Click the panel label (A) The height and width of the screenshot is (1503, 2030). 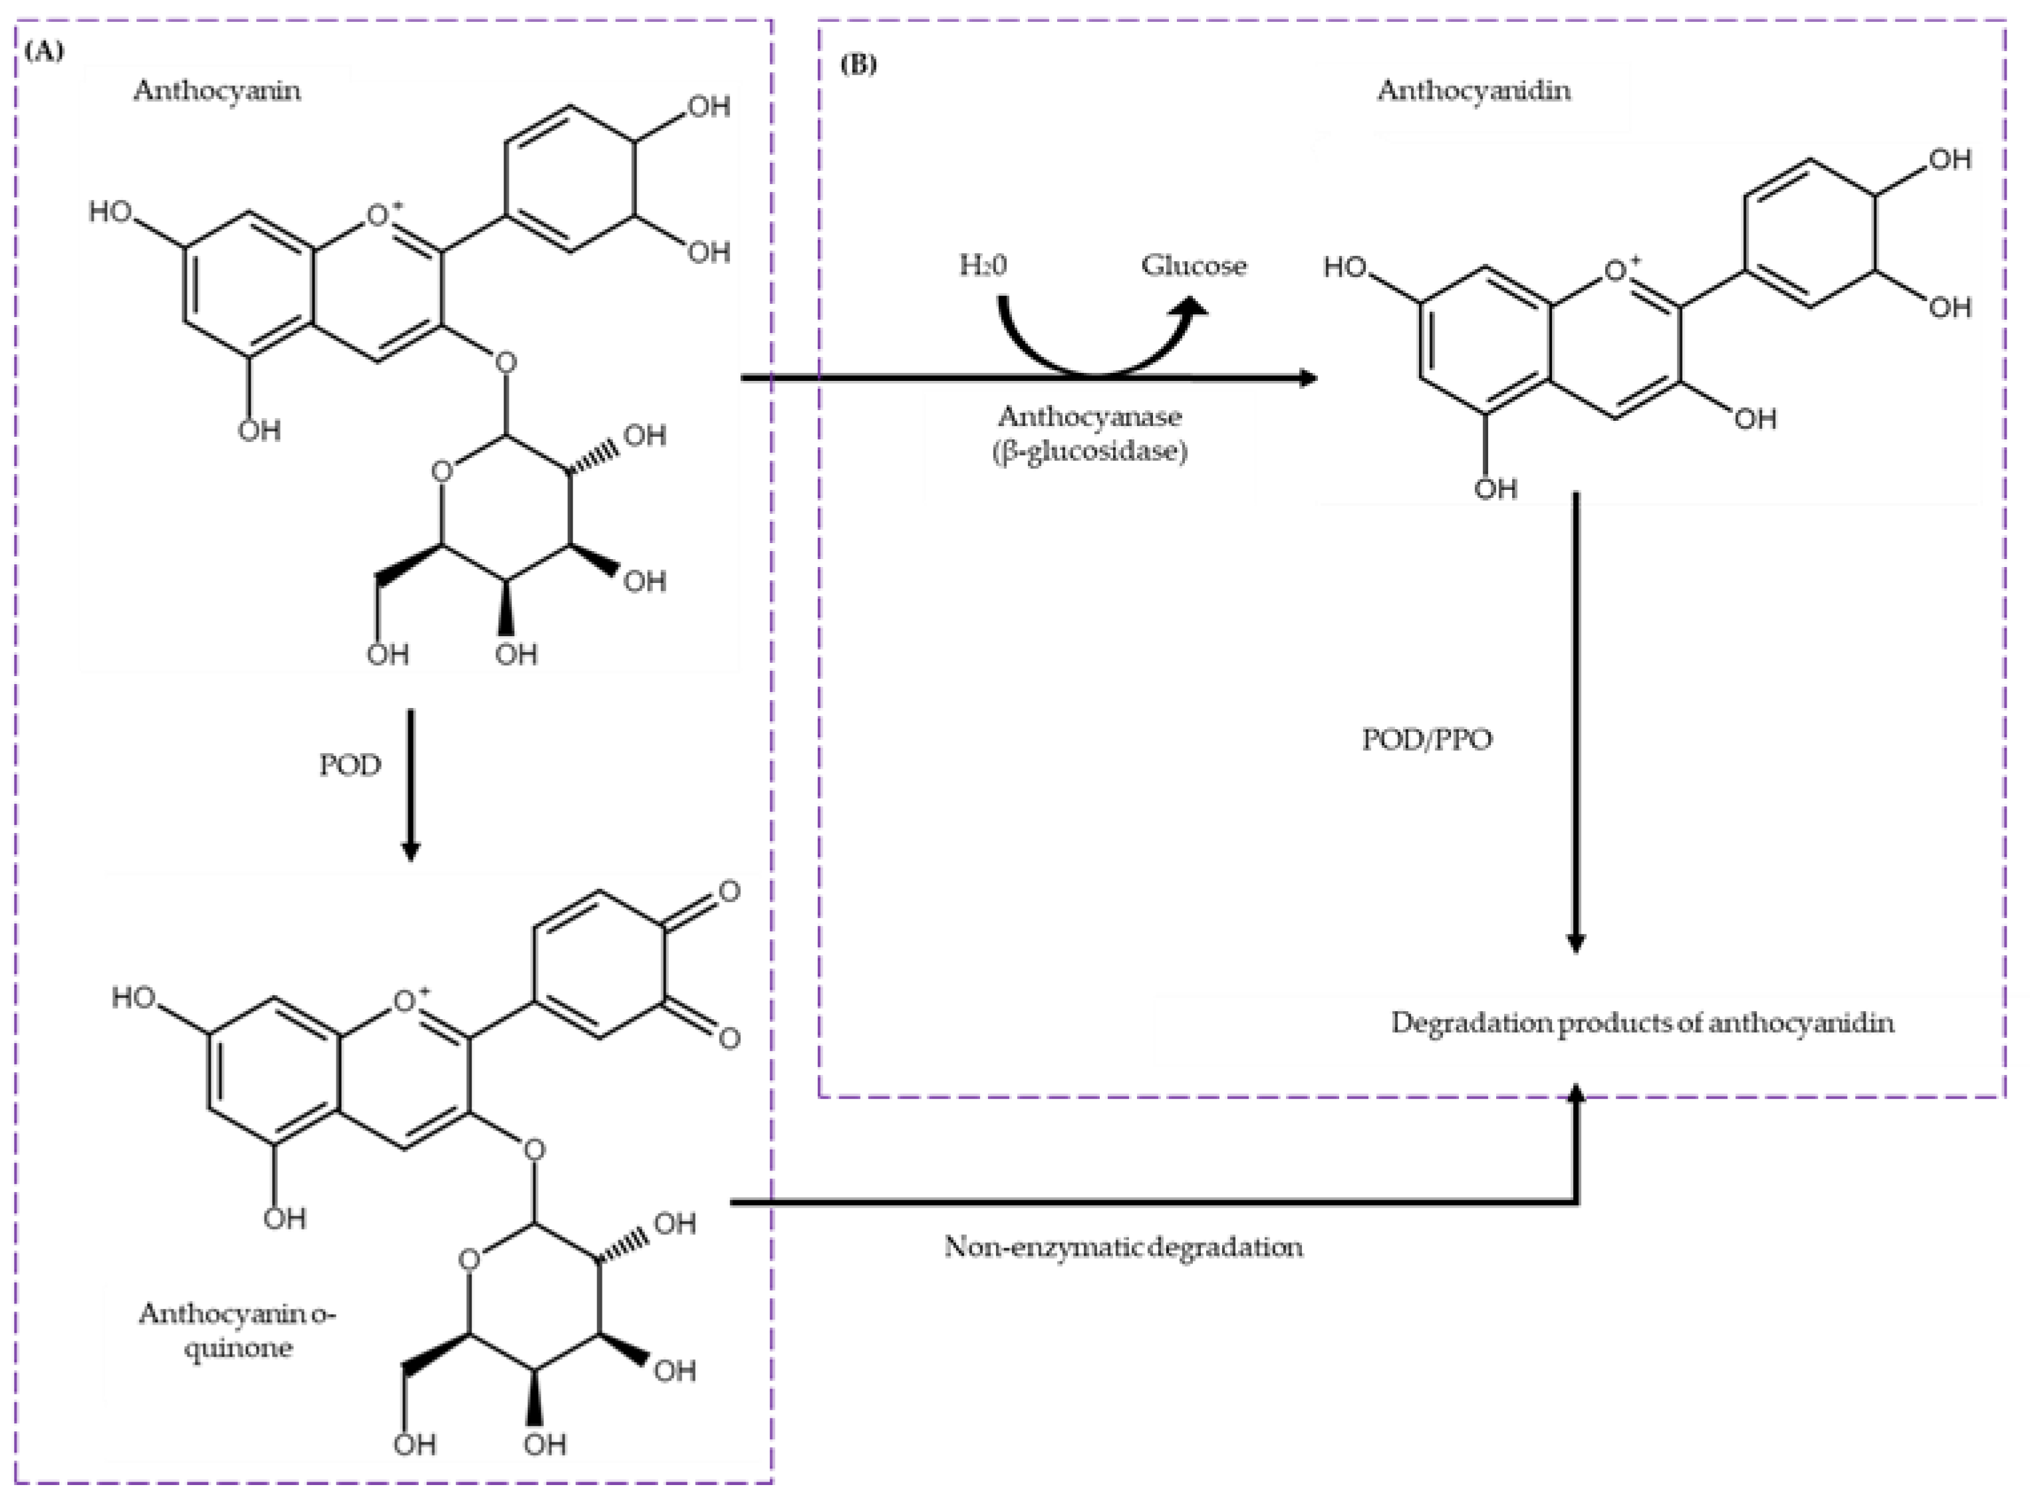tap(45, 52)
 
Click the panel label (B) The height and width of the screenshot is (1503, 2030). tap(857, 64)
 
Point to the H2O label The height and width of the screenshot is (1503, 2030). tap(983, 266)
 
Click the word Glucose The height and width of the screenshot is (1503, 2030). tap(1194, 266)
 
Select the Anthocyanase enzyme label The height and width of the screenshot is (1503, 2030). tap(1089, 417)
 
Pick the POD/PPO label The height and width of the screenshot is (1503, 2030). tap(1427, 740)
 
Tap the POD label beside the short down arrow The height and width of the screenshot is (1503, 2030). tap(349, 765)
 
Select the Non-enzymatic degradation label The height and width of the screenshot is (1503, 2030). tap(1123, 1246)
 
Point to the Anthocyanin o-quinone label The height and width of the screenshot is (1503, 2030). tap(237, 1330)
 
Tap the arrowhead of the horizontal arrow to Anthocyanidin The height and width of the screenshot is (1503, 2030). tap(1307, 378)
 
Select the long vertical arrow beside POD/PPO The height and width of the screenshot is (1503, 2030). tap(1576, 728)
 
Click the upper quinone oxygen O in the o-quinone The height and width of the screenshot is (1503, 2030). tap(729, 891)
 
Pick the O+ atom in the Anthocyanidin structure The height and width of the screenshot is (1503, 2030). tap(1617, 270)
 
